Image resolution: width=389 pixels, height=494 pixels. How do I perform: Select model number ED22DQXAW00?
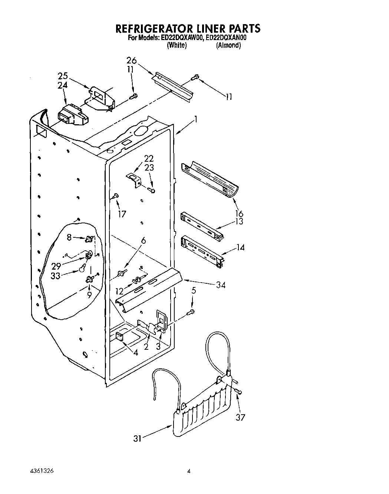point(181,38)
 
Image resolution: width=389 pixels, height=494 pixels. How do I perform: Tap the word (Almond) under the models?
point(228,45)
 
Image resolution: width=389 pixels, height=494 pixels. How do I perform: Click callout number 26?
point(131,60)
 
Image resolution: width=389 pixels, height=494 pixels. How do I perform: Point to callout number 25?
point(63,76)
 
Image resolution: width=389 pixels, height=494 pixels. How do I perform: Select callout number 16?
point(239,213)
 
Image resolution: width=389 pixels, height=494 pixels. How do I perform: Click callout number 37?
point(240,417)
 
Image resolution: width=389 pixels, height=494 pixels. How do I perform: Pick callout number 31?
point(138,438)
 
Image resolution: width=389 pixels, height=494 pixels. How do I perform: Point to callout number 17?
point(122,214)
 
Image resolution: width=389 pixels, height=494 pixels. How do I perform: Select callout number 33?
point(55,276)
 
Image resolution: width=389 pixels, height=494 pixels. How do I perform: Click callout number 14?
point(240,247)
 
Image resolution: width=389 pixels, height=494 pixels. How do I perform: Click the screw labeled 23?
point(152,190)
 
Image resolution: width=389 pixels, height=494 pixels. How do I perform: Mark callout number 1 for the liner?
point(196,119)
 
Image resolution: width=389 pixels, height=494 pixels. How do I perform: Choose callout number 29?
point(56,266)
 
